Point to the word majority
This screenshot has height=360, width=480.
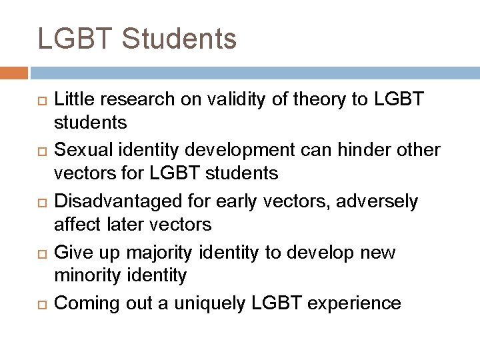point(178,253)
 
